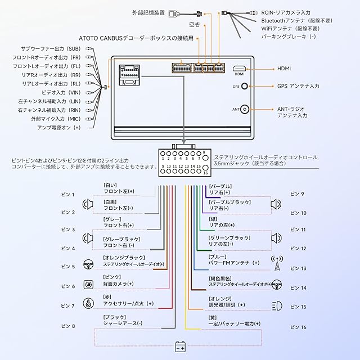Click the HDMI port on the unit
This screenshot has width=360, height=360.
tap(239, 69)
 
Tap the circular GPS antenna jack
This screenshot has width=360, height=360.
tap(246, 87)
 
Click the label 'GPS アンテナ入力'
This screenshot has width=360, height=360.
tap(298, 86)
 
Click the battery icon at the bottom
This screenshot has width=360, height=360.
tap(181, 347)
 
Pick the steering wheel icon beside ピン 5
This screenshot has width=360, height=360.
tap(88, 266)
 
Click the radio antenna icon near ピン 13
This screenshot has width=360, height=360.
tap(276, 262)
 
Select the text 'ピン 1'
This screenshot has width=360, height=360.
tap(67, 195)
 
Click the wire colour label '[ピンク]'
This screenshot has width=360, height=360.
tap(112, 277)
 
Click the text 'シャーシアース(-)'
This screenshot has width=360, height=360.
tap(123, 323)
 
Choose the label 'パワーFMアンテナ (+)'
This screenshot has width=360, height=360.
tap(234, 263)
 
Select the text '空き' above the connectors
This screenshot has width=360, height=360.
tap(194, 25)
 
